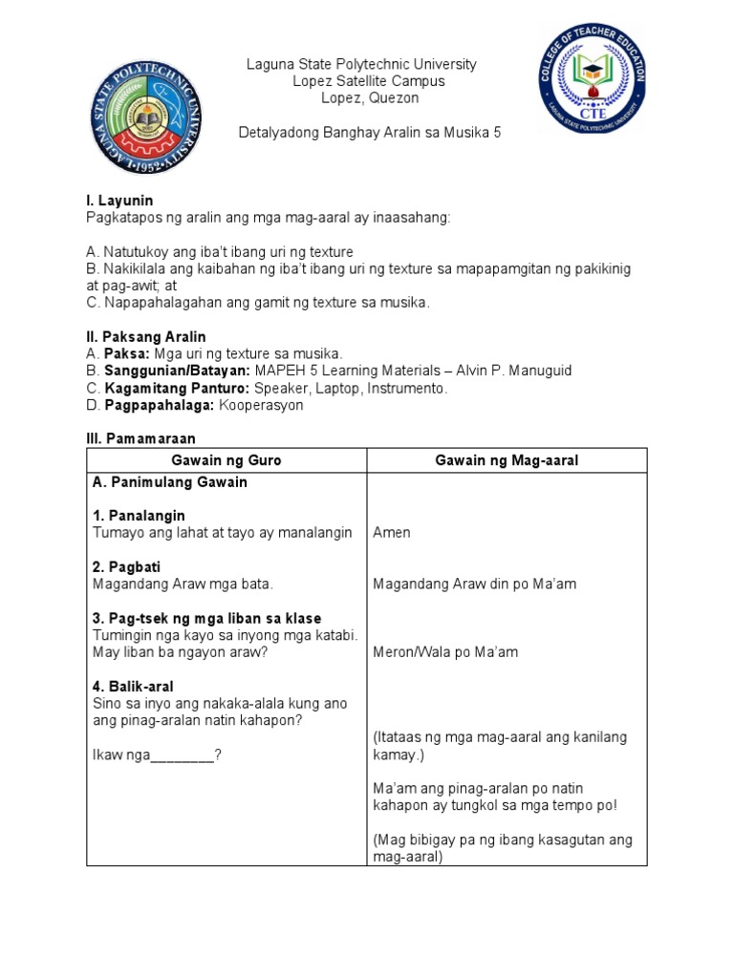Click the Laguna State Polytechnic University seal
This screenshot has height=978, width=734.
[145, 117]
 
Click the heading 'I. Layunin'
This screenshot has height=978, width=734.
[119, 201]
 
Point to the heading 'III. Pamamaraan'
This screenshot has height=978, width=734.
[140, 439]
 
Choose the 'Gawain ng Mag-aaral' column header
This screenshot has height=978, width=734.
[507, 460]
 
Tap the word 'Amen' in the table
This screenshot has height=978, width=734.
[392, 533]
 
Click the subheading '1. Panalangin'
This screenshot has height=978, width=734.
[139, 516]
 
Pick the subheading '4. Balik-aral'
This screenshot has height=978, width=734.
[133, 687]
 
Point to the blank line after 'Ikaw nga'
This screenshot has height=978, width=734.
[183, 755]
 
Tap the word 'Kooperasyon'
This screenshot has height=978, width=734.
[261, 405]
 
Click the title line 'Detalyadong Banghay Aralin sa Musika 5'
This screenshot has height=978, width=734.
[369, 133]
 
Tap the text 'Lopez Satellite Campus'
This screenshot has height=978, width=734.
[368, 81]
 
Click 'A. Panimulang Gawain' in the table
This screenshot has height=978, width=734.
[170, 482]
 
